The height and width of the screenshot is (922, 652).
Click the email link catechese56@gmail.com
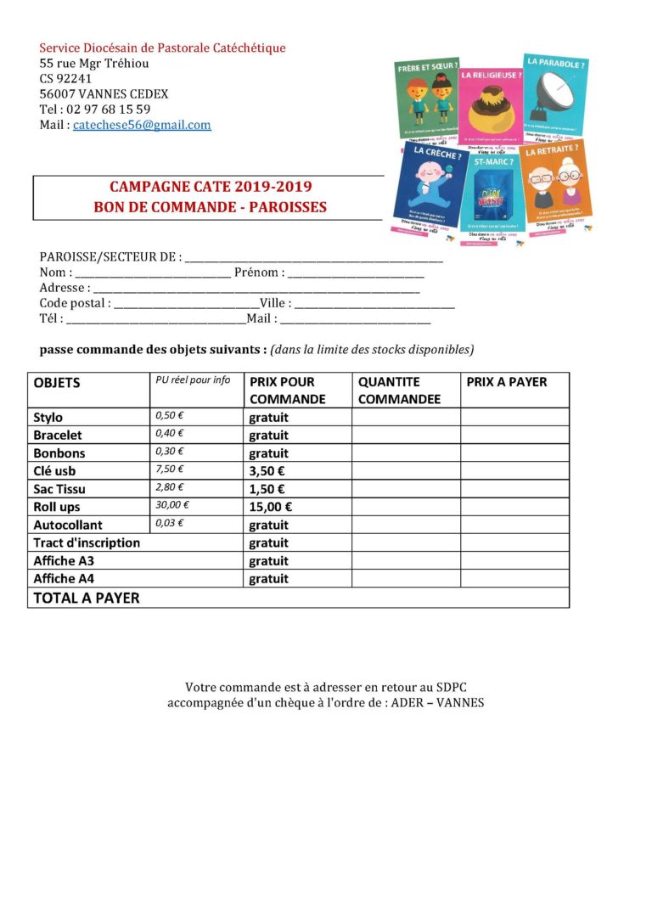[x=142, y=125]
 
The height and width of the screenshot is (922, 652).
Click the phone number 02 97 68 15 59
[x=106, y=110]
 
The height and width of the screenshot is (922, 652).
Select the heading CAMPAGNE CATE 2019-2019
[x=211, y=187]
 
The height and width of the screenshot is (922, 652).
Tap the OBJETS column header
[x=57, y=383]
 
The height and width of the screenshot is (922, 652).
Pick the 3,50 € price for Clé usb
[x=267, y=471]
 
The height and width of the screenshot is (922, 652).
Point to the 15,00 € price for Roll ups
[x=271, y=507]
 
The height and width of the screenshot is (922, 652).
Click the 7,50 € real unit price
[x=170, y=469]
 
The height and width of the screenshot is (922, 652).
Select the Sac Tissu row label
[x=59, y=489]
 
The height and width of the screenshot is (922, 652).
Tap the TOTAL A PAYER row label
[x=87, y=598]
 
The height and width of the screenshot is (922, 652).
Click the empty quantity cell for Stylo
[x=406, y=417]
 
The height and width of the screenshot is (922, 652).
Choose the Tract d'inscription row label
[x=87, y=543]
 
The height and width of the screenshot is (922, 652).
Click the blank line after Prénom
[x=356, y=273]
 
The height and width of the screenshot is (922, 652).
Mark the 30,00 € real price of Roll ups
[x=172, y=504]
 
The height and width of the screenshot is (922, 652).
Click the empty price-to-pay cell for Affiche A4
[x=514, y=578]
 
